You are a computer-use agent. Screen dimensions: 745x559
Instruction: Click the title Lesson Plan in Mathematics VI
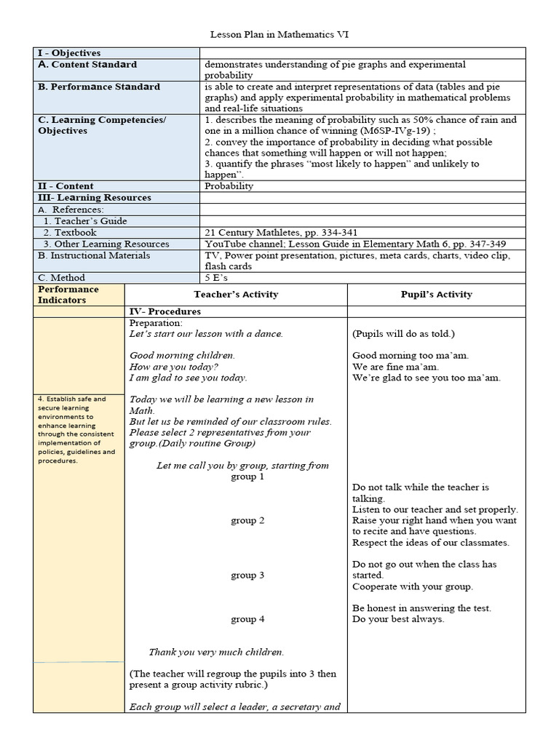click(279, 34)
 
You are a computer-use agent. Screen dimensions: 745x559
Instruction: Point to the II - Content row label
click(66, 186)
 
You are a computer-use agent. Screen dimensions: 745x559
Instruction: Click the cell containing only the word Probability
click(229, 186)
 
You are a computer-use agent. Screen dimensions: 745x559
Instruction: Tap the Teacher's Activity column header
click(236, 295)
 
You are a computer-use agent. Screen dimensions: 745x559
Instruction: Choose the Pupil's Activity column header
click(436, 295)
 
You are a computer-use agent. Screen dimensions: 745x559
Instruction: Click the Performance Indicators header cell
click(68, 295)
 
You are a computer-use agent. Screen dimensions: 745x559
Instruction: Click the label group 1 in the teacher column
click(243, 477)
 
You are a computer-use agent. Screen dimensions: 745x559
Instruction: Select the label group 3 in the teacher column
click(243, 575)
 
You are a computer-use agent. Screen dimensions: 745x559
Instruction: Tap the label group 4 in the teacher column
click(243, 619)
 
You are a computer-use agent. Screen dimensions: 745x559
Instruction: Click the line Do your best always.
click(398, 619)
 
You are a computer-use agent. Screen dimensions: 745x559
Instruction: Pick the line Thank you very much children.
click(216, 652)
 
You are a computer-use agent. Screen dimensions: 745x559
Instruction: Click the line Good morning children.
click(182, 356)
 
